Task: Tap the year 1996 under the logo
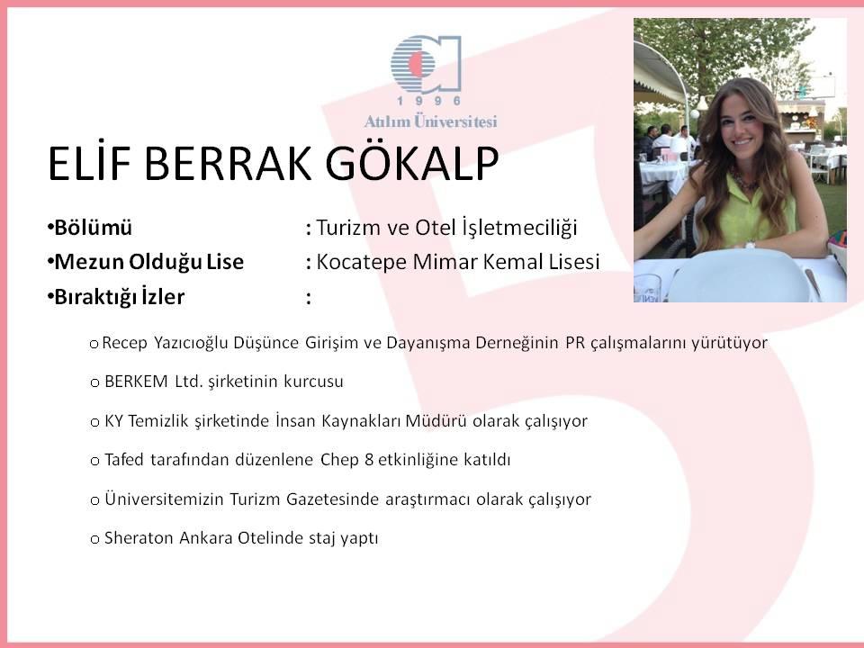(429, 101)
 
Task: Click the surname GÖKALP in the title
(412, 164)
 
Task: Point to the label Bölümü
(93, 228)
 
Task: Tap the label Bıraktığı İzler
(119, 297)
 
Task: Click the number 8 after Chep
(369, 460)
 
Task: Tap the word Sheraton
(139, 538)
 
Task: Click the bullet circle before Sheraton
(94, 539)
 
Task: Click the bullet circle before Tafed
(94, 461)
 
